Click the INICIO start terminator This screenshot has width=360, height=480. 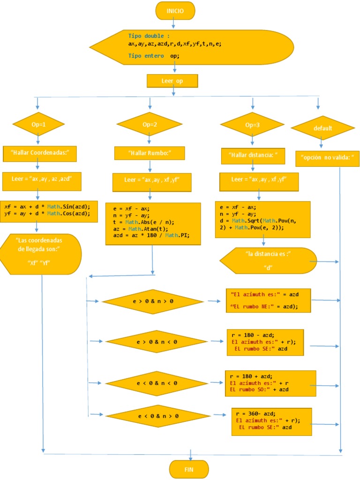[175, 10]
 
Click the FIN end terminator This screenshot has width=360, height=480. [189, 469]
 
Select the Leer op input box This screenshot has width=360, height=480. [172, 81]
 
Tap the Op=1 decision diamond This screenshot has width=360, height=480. [38, 125]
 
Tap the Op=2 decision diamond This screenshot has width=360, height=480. [150, 125]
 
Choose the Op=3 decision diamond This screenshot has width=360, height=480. [252, 125]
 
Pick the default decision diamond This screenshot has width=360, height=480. [322, 128]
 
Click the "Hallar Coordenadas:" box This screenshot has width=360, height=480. [39, 153]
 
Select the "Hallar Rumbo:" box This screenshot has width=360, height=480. [150, 153]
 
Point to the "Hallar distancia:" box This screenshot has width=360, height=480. [253, 155]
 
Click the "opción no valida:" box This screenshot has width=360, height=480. [327, 158]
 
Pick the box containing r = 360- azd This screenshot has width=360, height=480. [271, 421]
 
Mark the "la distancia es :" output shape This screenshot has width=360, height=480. [268, 260]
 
